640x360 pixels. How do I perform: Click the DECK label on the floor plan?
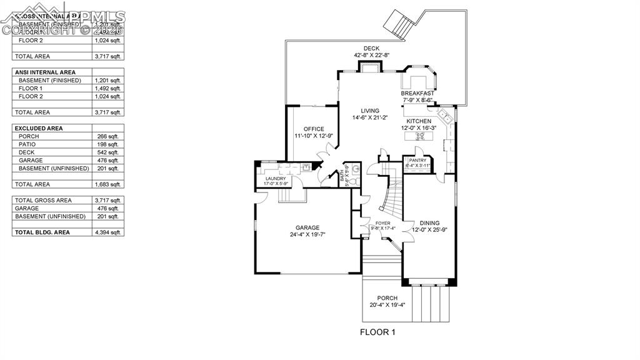tap(372, 48)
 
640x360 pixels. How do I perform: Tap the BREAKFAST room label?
tap(417, 93)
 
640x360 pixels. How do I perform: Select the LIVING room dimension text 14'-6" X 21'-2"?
tap(370, 117)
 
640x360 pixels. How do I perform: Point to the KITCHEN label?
tap(418, 121)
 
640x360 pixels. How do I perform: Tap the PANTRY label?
tap(417, 161)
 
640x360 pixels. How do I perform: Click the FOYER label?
tap(382, 223)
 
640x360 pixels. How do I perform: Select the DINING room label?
tap(429, 223)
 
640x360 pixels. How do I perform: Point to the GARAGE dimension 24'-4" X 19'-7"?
tap(307, 235)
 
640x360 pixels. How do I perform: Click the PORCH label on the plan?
tap(387, 298)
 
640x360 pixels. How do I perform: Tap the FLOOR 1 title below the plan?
tap(378, 332)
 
